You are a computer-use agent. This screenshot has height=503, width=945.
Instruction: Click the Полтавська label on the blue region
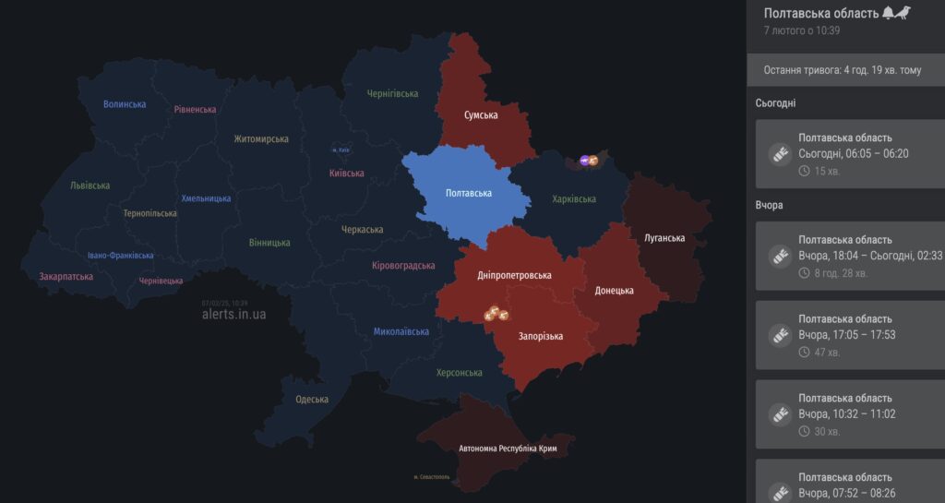tap(468, 193)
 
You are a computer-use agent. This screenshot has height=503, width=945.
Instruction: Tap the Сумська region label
tap(481, 115)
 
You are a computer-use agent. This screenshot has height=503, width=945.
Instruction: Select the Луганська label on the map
tap(664, 238)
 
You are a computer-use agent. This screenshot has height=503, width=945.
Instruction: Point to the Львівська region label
tap(90, 186)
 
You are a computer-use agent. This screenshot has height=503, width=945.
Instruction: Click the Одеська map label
tap(312, 400)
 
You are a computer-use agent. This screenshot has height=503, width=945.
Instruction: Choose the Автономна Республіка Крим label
tap(508, 449)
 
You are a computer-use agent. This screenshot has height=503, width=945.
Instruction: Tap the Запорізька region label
tap(541, 337)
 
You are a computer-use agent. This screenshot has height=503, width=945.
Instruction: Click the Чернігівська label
tap(392, 94)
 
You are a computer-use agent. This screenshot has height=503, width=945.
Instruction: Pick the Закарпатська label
tap(66, 276)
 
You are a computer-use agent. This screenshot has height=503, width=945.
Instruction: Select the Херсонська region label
tap(460, 373)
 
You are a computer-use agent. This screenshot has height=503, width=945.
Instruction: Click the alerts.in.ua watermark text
tap(233, 314)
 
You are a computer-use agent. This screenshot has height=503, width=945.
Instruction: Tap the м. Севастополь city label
tap(431, 477)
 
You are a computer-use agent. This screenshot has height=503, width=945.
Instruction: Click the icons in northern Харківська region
tap(589, 162)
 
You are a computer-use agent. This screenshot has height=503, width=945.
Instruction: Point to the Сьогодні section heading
tap(775, 103)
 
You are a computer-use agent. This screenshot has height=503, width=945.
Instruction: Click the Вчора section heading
tap(769, 205)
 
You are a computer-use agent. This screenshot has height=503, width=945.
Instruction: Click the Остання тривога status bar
tap(842, 70)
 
